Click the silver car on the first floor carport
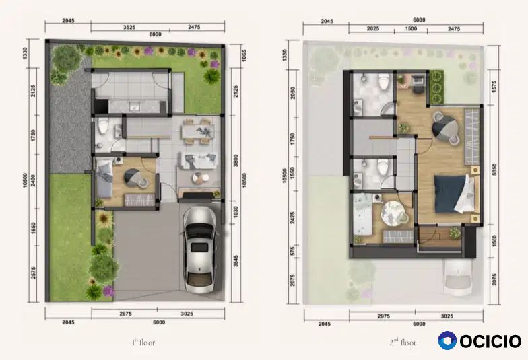[199, 250]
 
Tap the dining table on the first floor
[198, 131]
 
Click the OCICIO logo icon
[447, 340]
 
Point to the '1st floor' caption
[143, 343]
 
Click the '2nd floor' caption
[403, 343]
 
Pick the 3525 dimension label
[129, 27]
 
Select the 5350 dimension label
[494, 170]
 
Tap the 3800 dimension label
[236, 160]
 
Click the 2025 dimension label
[373, 29]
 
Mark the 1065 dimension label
[244, 55]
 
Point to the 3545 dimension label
[236, 261]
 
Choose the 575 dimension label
[292, 250]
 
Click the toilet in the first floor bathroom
[103, 126]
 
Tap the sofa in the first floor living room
[198, 161]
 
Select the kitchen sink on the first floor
[135, 108]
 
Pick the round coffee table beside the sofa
[197, 178]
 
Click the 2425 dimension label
[292, 218]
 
